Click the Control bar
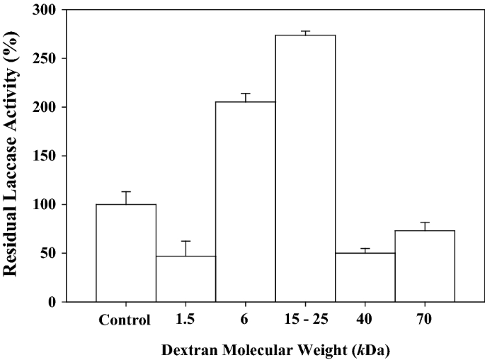click(x=126, y=252)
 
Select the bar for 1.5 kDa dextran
click(x=186, y=279)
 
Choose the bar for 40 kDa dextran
click(x=365, y=277)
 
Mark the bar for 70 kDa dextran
click(x=425, y=266)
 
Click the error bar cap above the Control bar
click(x=126, y=192)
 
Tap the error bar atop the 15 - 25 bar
click(x=305, y=32)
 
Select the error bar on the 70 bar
click(x=425, y=224)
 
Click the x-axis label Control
click(x=126, y=320)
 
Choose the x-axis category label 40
click(x=365, y=320)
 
